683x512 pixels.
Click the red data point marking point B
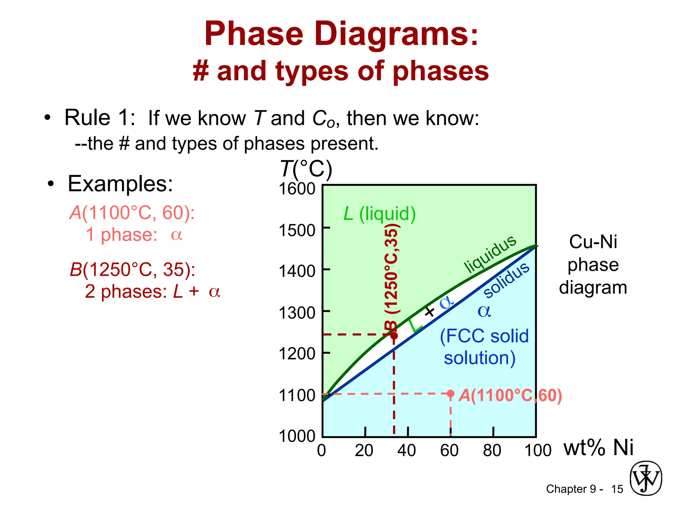pyautogui.click(x=394, y=335)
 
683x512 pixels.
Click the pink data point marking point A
pyautogui.click(x=451, y=394)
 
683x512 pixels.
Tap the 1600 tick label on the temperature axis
pyautogui.click(x=297, y=189)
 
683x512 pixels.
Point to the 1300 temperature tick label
pyautogui.click(x=297, y=313)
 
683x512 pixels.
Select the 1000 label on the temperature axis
pyautogui.click(x=297, y=436)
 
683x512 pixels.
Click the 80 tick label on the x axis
pyautogui.click(x=492, y=450)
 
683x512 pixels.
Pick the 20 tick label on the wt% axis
pyautogui.click(x=364, y=450)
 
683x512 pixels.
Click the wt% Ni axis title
pyautogui.click(x=598, y=447)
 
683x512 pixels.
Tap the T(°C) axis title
pyautogui.click(x=306, y=169)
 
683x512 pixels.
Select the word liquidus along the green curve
pyautogui.click(x=490, y=254)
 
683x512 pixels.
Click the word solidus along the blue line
pyautogui.click(x=506, y=280)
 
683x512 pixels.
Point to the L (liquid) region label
pyautogui.click(x=380, y=214)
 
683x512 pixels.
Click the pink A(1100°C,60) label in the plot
pyautogui.click(x=510, y=396)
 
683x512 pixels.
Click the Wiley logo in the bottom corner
pyautogui.click(x=646, y=478)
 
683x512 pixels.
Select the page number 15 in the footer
pyautogui.click(x=617, y=489)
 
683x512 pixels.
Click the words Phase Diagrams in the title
pyautogui.click(x=341, y=34)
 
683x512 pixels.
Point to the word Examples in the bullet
pyautogui.click(x=120, y=183)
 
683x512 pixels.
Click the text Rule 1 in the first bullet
pyautogui.click(x=99, y=118)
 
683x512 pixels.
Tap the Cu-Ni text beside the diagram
pyautogui.click(x=593, y=242)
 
